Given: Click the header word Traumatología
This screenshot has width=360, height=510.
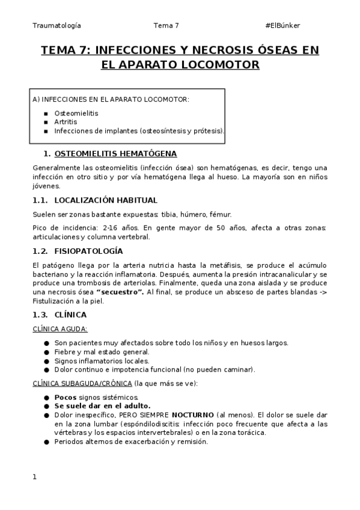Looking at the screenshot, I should pos(56,25).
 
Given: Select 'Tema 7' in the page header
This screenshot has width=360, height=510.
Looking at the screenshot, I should pos(166,25).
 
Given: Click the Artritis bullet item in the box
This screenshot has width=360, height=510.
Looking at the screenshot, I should pos(66,121).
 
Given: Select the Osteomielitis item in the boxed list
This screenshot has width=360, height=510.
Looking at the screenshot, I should pos(76,112).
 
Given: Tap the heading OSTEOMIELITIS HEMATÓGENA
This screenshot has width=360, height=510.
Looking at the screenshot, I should pos(115,153).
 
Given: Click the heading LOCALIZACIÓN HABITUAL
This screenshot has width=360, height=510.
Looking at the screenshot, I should pos(106,200).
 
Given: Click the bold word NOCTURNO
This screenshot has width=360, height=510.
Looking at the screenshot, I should pos(192,414).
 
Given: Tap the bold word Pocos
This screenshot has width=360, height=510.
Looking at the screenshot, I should pos(65,398).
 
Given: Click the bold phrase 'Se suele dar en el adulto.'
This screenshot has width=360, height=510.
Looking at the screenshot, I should pos(102,406).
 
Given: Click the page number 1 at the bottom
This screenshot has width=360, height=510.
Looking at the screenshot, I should pos(35,477).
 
